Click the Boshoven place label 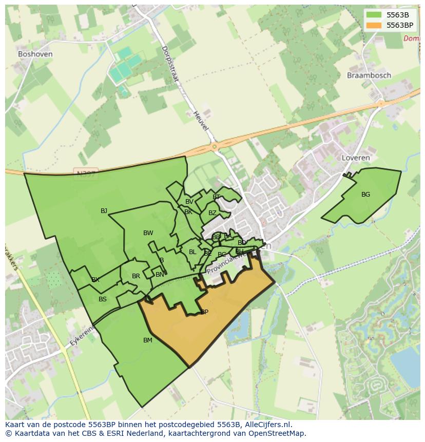click(x=35, y=53)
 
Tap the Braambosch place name click(x=369, y=75)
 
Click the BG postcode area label click(x=365, y=195)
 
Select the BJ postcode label click(x=104, y=210)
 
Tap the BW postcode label click(x=148, y=233)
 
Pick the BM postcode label click(x=148, y=340)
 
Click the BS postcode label click(x=103, y=299)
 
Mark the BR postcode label click(x=136, y=276)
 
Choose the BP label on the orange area click(x=204, y=312)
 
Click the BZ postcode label click(x=212, y=213)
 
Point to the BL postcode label click(x=192, y=252)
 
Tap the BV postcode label click(x=189, y=202)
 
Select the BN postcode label click(x=160, y=275)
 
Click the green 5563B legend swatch click(x=374, y=15)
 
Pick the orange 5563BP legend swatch click(x=374, y=25)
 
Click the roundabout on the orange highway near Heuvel click(x=214, y=147)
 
